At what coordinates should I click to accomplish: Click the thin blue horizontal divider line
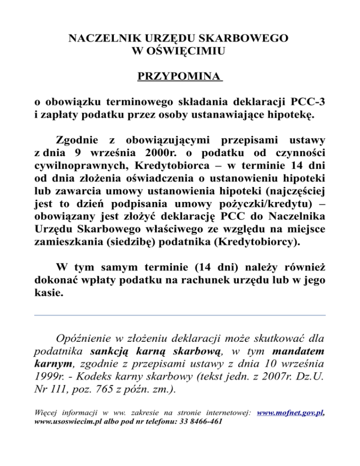click(x=180, y=315)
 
